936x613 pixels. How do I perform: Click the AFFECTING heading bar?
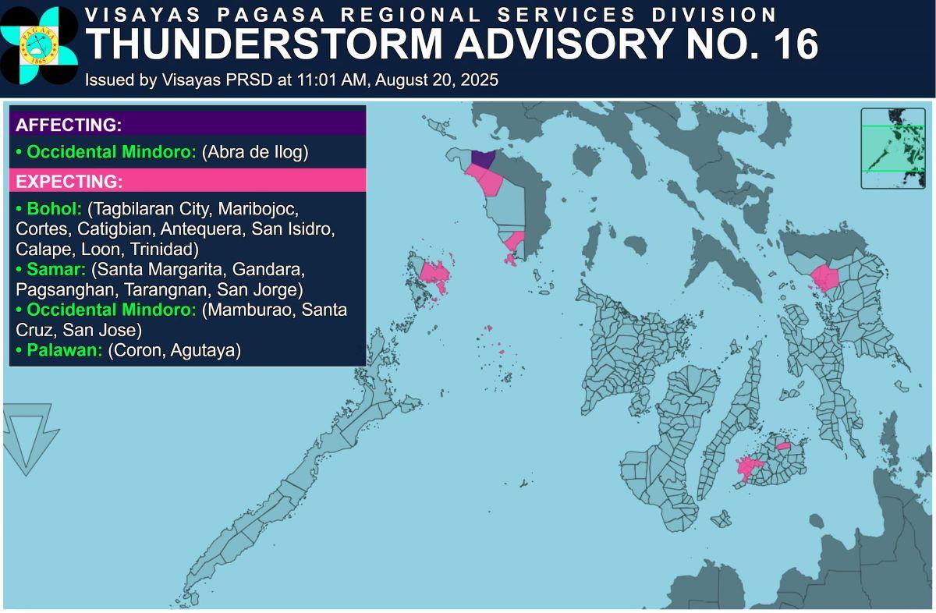(x=187, y=125)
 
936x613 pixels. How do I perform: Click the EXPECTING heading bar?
(x=187, y=182)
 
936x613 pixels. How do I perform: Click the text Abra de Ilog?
(x=255, y=152)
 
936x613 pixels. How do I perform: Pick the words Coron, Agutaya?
(x=174, y=350)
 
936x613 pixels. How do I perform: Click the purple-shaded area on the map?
(x=482, y=159)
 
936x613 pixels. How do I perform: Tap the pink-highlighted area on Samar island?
(x=823, y=278)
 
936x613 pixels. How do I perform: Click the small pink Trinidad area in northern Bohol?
(x=784, y=446)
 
